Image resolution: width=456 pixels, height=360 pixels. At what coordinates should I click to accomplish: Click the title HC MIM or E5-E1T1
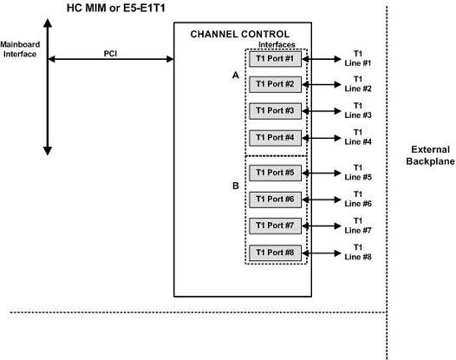[x=121, y=8]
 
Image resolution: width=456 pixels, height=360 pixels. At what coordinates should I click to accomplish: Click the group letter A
[x=234, y=75]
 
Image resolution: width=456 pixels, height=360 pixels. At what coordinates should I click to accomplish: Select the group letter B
[x=234, y=185]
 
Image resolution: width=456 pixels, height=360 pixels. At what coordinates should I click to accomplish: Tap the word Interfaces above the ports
[x=277, y=43]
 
